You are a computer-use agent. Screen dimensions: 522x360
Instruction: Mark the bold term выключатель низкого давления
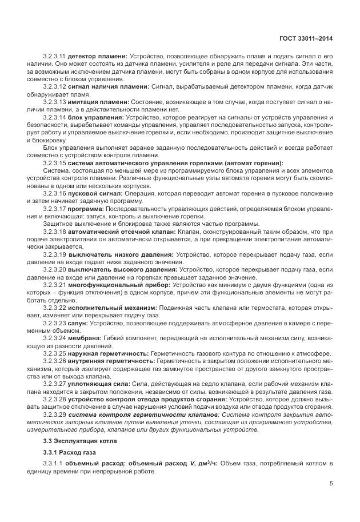(117, 254)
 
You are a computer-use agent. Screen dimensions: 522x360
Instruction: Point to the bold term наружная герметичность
(107, 353)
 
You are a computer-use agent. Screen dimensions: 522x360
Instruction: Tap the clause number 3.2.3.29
(54, 413)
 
